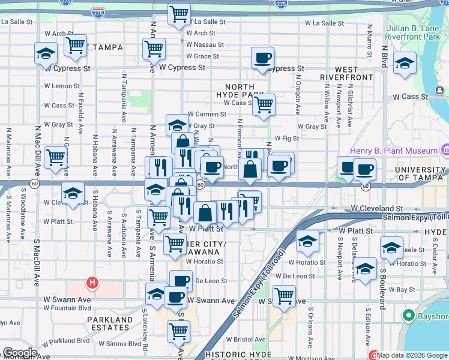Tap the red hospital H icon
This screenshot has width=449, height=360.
92,281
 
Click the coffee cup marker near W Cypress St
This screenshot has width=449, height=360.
262,59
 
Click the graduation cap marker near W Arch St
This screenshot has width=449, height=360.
46,54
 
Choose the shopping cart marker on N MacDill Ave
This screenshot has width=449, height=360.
55,158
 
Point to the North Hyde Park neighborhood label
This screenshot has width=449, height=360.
240,91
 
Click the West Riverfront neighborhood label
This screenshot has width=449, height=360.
339,74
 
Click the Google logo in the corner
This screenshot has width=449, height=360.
20,353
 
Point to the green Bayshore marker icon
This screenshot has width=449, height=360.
408,315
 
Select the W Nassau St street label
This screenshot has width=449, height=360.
205,44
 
